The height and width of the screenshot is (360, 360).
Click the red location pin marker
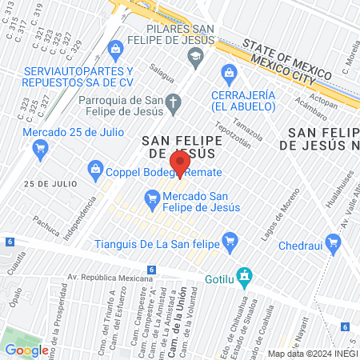[x=180, y=163]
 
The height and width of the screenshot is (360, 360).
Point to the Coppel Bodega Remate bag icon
[x=95, y=170]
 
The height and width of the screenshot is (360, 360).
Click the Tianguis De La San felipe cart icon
[x=230, y=239]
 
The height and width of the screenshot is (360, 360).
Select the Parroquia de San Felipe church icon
[x=175, y=102]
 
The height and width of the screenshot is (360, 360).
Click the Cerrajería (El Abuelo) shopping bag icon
[x=230, y=74]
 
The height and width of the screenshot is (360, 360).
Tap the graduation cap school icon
[x=195, y=56]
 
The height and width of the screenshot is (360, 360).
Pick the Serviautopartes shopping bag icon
[x=115, y=50]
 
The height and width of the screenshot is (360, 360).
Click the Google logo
[x=26, y=350]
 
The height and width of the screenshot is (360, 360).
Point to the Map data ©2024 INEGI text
[x=312, y=354]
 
